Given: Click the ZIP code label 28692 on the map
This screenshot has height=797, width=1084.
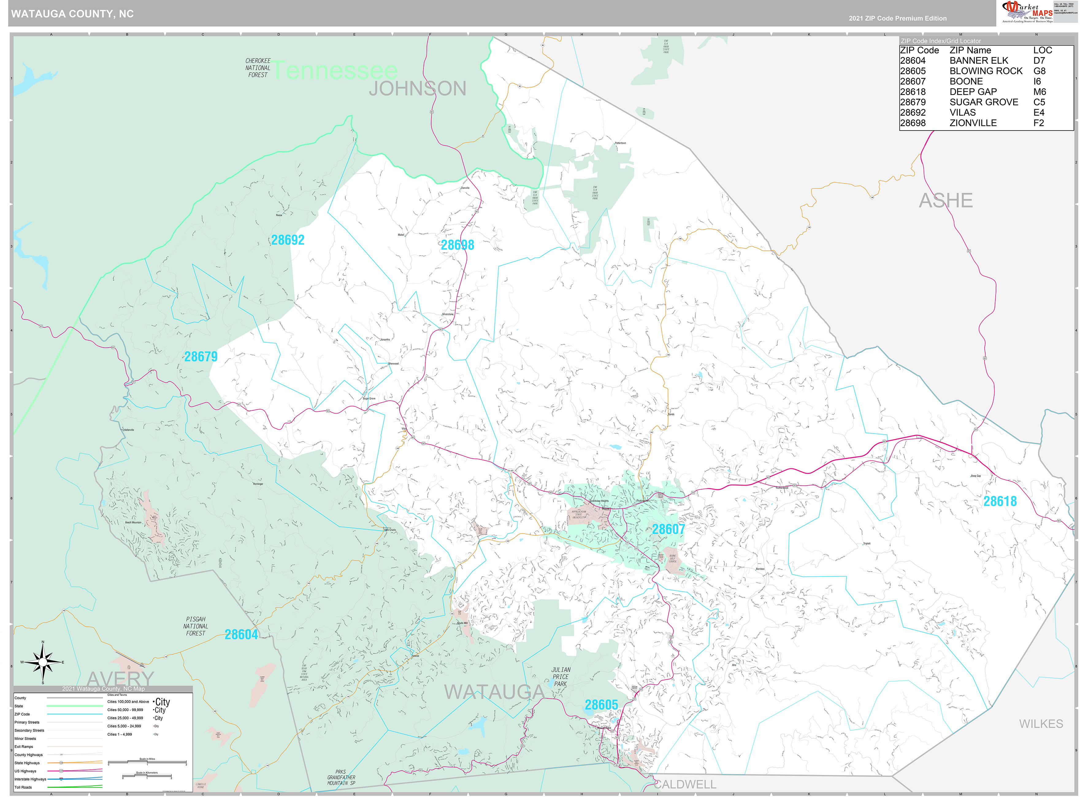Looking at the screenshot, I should [288, 240].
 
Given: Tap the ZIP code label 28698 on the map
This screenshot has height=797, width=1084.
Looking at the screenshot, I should [457, 245].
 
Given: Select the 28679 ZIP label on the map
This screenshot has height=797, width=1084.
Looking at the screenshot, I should [201, 357].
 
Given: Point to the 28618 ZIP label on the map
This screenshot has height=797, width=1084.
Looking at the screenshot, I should [1000, 501].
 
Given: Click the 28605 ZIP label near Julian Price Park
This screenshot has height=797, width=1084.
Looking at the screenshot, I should [601, 705].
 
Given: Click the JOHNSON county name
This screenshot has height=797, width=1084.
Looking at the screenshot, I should [417, 89].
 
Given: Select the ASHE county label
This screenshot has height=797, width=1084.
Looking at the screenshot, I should [945, 200].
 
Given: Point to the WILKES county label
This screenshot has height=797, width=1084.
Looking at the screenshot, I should [1040, 724].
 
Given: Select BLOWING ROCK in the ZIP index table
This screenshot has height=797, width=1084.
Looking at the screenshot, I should [986, 71].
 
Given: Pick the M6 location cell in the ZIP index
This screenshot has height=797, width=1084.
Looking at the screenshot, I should [1039, 92].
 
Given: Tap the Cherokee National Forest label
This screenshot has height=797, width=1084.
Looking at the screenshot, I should [258, 67].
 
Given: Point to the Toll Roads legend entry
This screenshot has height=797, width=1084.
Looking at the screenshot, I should [23, 787].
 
